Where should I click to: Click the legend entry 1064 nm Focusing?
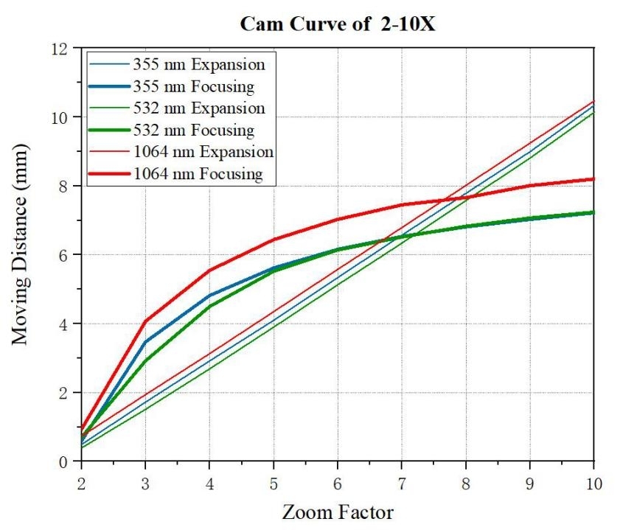[x=196, y=174]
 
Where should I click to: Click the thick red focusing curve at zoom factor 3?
[x=145, y=321]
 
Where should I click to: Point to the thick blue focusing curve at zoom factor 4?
[x=209, y=296]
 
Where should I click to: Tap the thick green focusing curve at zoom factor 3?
[x=145, y=361]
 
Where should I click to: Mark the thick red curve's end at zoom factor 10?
[x=593, y=179]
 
